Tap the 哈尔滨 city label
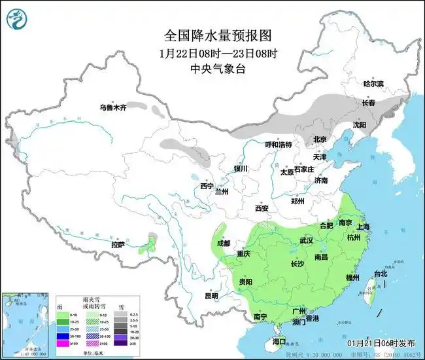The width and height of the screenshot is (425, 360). pos(375,84)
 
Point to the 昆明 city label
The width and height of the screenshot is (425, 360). pos(211,296)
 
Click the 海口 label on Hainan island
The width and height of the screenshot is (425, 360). pos(280,342)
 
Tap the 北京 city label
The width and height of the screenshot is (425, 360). pos(319,139)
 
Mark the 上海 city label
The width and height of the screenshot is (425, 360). pos(364,226)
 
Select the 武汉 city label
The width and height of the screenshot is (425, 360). pos(306,241)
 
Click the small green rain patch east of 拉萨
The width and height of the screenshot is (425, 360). pos(151,247)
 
